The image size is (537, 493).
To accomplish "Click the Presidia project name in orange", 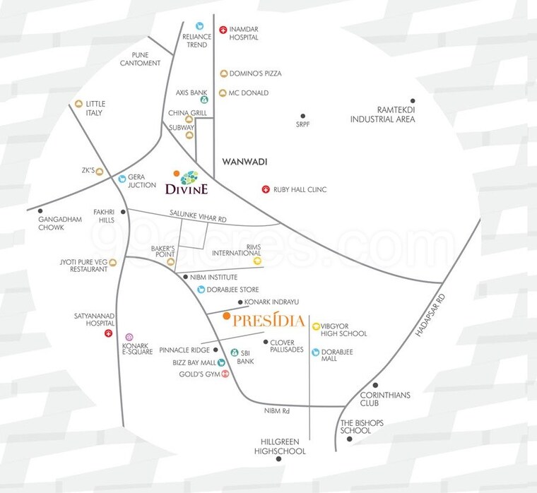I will (268, 322).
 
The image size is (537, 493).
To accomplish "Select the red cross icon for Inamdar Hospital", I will (223, 30).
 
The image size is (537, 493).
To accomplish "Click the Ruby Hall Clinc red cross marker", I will (266, 189).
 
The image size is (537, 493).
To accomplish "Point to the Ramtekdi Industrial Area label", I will (382, 114).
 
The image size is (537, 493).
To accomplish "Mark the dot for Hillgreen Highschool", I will (279, 459).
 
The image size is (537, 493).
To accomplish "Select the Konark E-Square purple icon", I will (129, 337).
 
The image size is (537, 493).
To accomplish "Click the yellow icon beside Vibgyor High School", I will (315, 325).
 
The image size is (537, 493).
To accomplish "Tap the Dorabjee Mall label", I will (338, 355).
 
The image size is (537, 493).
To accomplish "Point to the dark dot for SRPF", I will (302, 116).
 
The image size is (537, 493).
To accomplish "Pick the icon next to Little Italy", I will (79, 104).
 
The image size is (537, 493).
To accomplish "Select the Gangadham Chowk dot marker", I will (41, 210).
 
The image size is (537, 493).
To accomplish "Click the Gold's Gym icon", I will (225, 374).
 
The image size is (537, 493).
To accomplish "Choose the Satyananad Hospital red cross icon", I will (108, 333).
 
